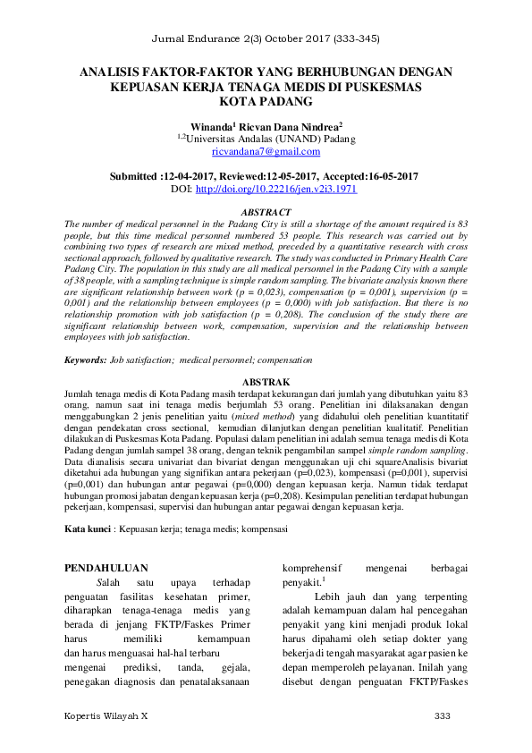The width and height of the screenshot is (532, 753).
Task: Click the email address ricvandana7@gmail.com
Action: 266,153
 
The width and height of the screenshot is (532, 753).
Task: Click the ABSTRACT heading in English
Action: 266,211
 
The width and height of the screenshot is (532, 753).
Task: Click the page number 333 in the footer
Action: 442,717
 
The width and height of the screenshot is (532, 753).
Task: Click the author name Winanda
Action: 213,128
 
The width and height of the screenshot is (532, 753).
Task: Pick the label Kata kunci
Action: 88,529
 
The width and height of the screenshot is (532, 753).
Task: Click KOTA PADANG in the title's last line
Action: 266,104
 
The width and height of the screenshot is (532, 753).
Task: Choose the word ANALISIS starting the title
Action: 110,72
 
